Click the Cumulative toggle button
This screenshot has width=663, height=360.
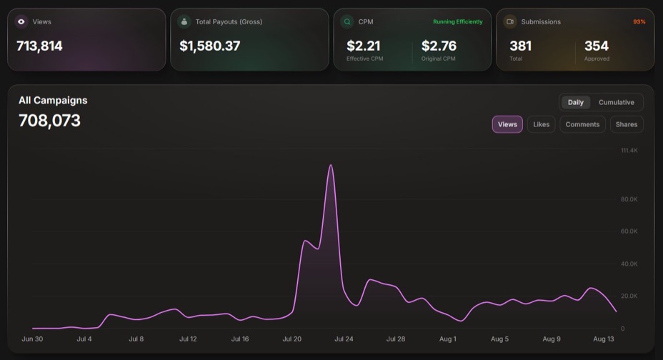pos(616,102)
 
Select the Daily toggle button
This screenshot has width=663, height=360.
pos(575,102)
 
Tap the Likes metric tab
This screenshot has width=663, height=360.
pos(542,124)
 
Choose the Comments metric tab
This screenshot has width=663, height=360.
pos(582,124)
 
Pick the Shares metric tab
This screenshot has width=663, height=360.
pos(627,124)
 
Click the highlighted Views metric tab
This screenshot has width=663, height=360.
pos(507,124)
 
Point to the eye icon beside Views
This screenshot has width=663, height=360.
pos(21,21)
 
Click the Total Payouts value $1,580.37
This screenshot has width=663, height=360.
pos(210,46)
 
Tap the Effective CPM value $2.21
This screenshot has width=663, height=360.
pos(363,46)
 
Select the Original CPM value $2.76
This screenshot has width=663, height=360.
pos(439,46)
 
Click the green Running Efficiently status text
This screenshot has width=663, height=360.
pos(457,21)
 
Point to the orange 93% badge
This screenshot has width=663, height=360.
pos(639,21)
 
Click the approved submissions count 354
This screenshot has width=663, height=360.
pos(596,46)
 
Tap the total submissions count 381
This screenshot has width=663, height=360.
pos(521,46)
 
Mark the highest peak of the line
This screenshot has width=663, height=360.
pos(331,165)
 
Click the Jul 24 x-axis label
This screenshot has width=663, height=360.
pos(344,339)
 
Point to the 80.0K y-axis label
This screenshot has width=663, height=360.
pos(629,199)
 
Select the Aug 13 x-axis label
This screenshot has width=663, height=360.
pos(604,339)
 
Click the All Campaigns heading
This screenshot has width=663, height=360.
pos(53,100)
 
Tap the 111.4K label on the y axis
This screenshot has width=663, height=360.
pos(629,151)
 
